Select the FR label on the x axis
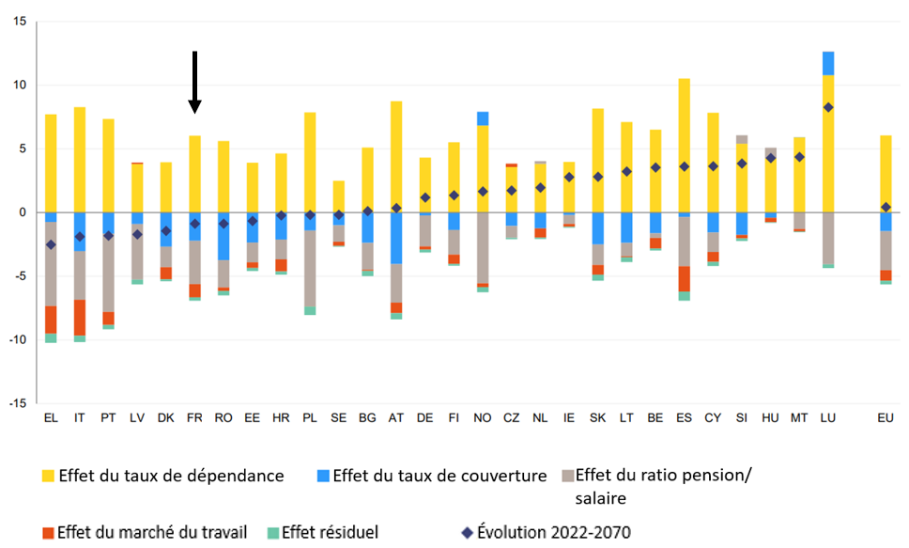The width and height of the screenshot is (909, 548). point(194,416)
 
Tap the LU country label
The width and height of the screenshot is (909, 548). point(827,416)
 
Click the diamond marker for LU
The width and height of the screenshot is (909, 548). point(827,107)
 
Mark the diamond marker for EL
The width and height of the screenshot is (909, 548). point(51,244)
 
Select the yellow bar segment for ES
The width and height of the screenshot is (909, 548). point(684,146)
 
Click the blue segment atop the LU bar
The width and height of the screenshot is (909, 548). point(827,63)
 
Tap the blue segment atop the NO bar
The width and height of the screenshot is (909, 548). point(483,118)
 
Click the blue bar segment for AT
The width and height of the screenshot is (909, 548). point(396,238)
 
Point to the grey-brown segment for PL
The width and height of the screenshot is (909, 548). point(310,269)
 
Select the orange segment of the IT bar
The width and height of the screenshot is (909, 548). point(80,318)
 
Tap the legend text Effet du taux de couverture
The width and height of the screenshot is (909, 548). point(439,476)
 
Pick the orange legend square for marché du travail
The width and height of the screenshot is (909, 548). point(48,533)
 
